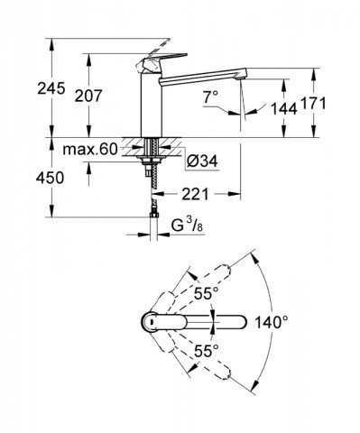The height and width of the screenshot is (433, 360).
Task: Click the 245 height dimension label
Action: [x=51, y=88]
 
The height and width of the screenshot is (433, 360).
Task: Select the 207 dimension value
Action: [x=88, y=96]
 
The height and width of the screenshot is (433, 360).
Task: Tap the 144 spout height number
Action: [x=283, y=108]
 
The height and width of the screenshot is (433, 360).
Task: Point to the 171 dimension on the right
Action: [x=313, y=104]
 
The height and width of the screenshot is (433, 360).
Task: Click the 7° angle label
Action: [x=210, y=97]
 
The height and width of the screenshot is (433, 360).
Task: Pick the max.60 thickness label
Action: [x=89, y=149]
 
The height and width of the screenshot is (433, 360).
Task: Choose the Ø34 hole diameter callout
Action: [x=202, y=161]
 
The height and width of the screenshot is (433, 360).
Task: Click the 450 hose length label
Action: [x=50, y=178]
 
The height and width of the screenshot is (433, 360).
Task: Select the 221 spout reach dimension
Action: [x=195, y=195]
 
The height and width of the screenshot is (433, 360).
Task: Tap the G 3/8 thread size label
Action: [x=187, y=226]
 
